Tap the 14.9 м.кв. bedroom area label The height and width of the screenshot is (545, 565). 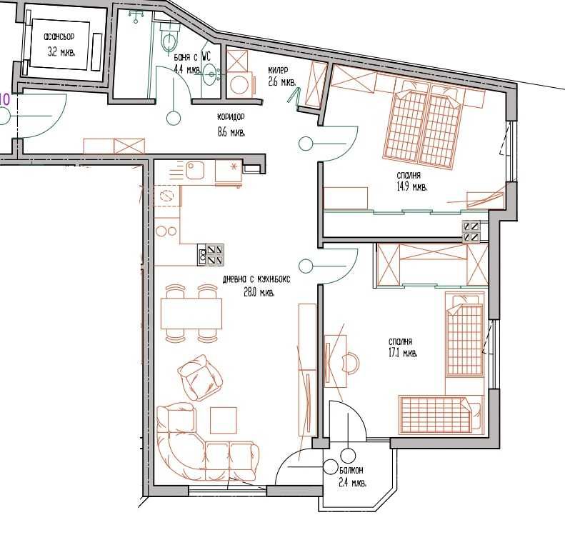[411, 186]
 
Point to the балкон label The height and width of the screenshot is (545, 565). [351, 470]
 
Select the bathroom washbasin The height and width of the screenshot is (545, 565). [211, 72]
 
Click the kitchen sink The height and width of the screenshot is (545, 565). [194, 170]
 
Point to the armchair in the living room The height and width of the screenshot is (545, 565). [198, 378]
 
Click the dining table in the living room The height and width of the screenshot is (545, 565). [191, 313]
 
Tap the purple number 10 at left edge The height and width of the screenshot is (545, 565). [4, 99]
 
